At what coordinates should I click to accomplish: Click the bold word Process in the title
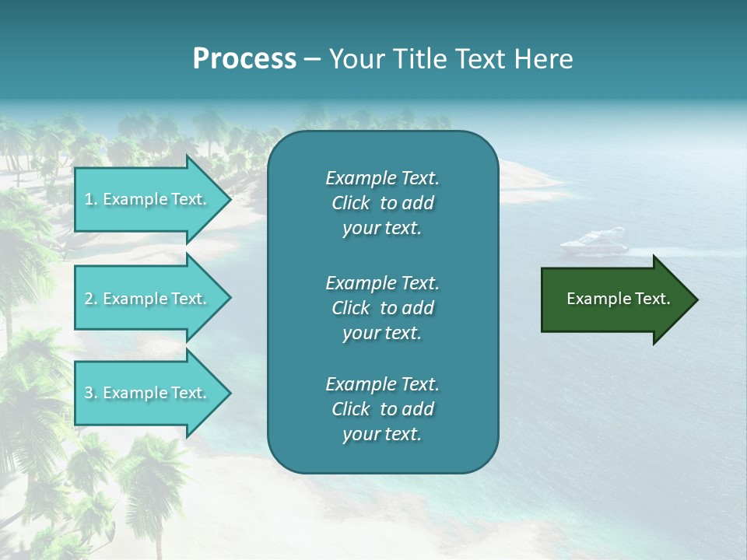pos(244,59)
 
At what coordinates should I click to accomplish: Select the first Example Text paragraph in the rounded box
pos(382,203)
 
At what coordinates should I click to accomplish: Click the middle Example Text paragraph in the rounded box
pos(382,308)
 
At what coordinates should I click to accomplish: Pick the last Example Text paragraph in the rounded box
pos(382,409)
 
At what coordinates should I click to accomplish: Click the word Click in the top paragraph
pos(351,203)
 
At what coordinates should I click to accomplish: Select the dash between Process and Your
pos(312,59)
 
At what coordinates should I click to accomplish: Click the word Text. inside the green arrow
pos(651,299)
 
